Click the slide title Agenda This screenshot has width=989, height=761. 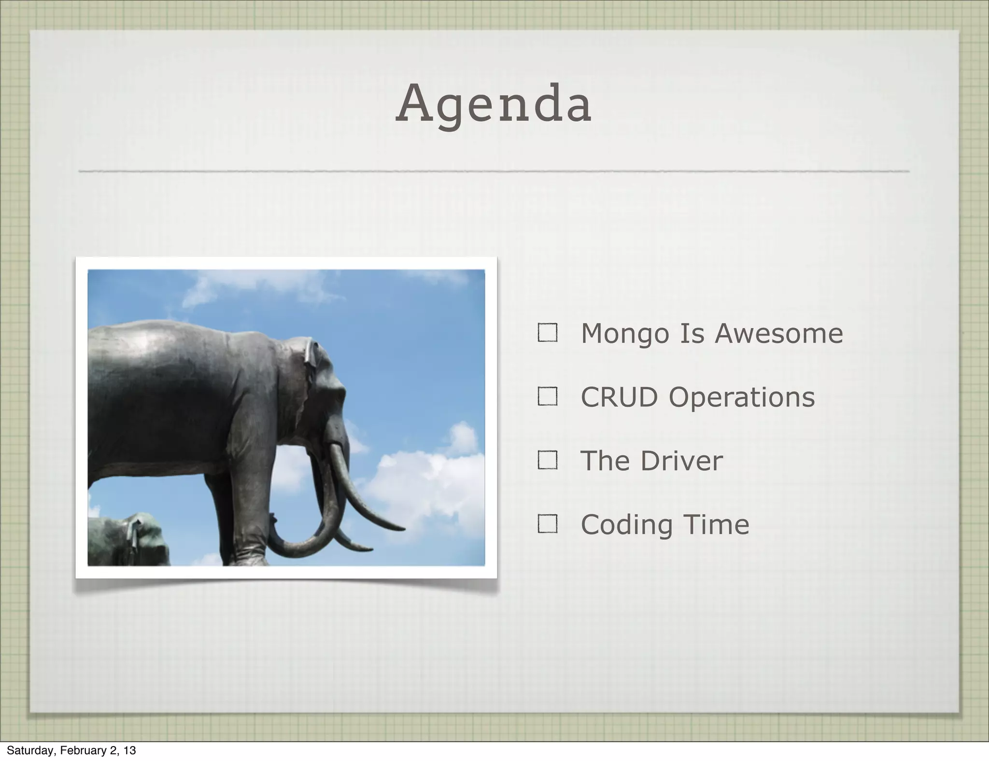[494, 104]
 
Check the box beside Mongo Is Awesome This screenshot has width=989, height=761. [547, 333]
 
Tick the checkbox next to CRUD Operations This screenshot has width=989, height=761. [547, 396]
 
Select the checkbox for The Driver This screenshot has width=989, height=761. [547, 460]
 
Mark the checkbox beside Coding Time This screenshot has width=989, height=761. [547, 524]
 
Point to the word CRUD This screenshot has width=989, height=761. [619, 397]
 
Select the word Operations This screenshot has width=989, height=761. [742, 398]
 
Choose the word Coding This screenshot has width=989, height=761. [626, 525]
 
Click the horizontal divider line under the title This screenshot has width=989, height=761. [494, 171]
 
